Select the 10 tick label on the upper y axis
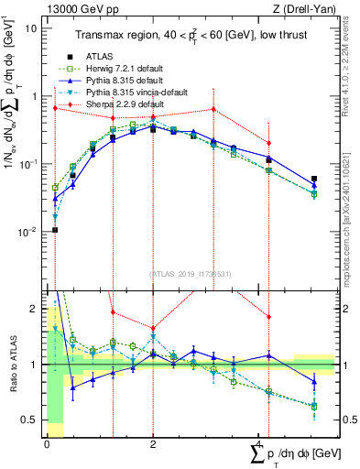click(x=30, y=27)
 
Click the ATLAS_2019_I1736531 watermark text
click(x=190, y=274)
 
